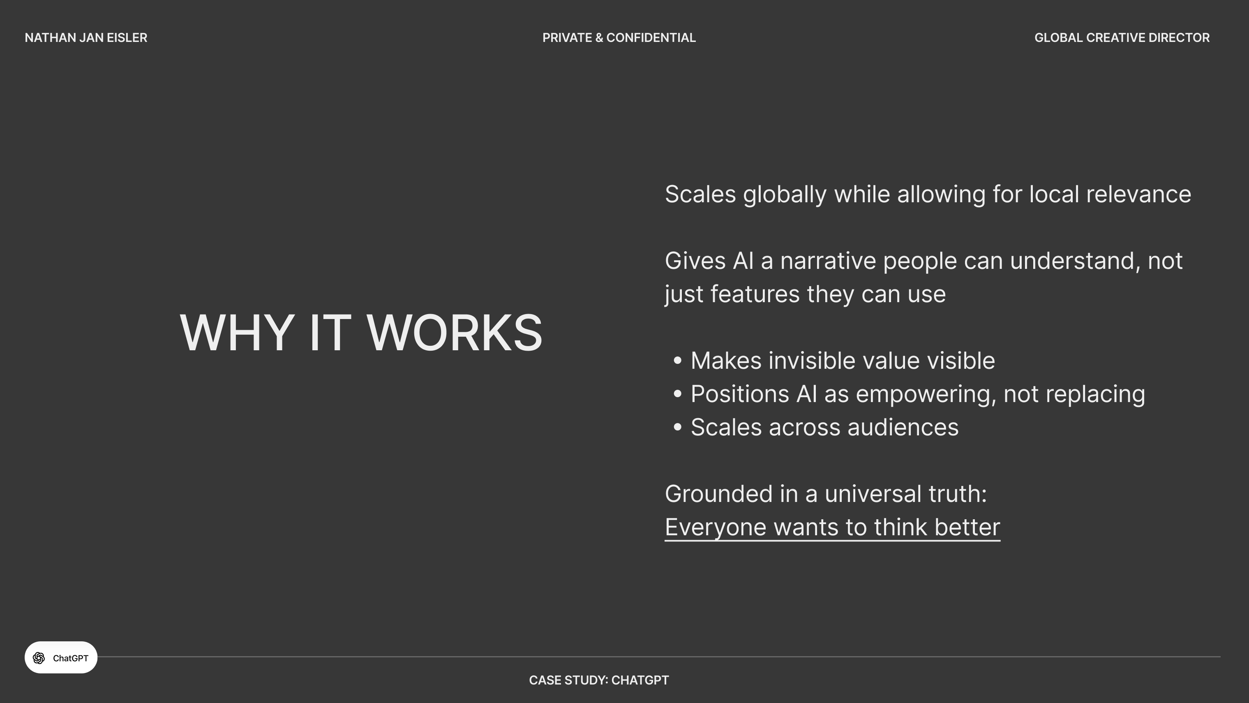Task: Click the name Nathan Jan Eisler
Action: point(86,38)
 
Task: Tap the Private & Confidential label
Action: point(619,38)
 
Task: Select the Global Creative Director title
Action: point(1122,38)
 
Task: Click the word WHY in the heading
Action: point(237,333)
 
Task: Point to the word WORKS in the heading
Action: point(454,333)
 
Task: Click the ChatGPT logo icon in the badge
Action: point(39,658)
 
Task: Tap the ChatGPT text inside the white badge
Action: point(71,658)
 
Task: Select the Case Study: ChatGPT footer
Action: point(599,680)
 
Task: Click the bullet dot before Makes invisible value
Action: point(677,361)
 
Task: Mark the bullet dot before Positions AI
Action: point(677,394)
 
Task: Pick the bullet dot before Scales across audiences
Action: point(677,427)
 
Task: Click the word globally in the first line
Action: point(785,195)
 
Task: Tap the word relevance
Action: point(1138,194)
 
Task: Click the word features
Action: point(755,294)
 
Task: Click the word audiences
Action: point(903,428)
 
